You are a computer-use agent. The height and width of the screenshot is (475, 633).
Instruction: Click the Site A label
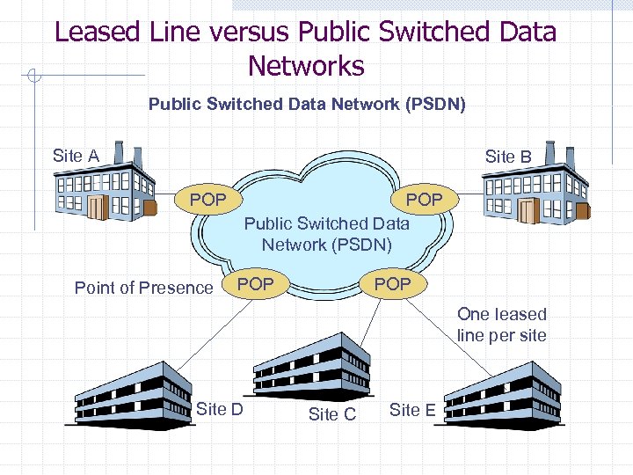(x=76, y=157)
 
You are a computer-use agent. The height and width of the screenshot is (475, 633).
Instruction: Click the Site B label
(x=508, y=157)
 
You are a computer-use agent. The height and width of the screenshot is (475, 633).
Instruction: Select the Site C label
(x=332, y=414)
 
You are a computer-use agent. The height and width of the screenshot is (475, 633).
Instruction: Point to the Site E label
(x=411, y=409)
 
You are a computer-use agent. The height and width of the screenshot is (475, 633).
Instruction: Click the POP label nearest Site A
(x=208, y=200)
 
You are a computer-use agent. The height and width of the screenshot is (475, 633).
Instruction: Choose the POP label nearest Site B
(x=424, y=200)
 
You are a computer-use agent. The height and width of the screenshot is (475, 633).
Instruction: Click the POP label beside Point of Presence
(x=256, y=283)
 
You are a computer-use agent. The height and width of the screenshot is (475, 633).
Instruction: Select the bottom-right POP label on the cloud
(x=392, y=283)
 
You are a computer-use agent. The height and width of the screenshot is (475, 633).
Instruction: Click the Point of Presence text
(x=144, y=288)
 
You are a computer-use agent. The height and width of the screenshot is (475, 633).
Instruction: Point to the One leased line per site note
(x=501, y=325)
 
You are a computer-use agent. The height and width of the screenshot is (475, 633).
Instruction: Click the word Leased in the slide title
(x=97, y=33)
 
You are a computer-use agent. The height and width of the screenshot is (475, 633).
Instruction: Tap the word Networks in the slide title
(x=306, y=66)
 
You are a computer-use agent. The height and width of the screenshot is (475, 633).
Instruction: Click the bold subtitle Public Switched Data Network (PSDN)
(x=307, y=105)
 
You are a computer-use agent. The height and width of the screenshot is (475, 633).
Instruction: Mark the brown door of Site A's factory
(x=97, y=208)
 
